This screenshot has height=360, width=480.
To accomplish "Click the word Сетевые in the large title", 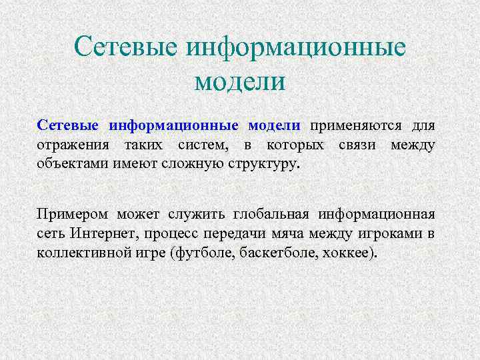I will pos(125,47).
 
